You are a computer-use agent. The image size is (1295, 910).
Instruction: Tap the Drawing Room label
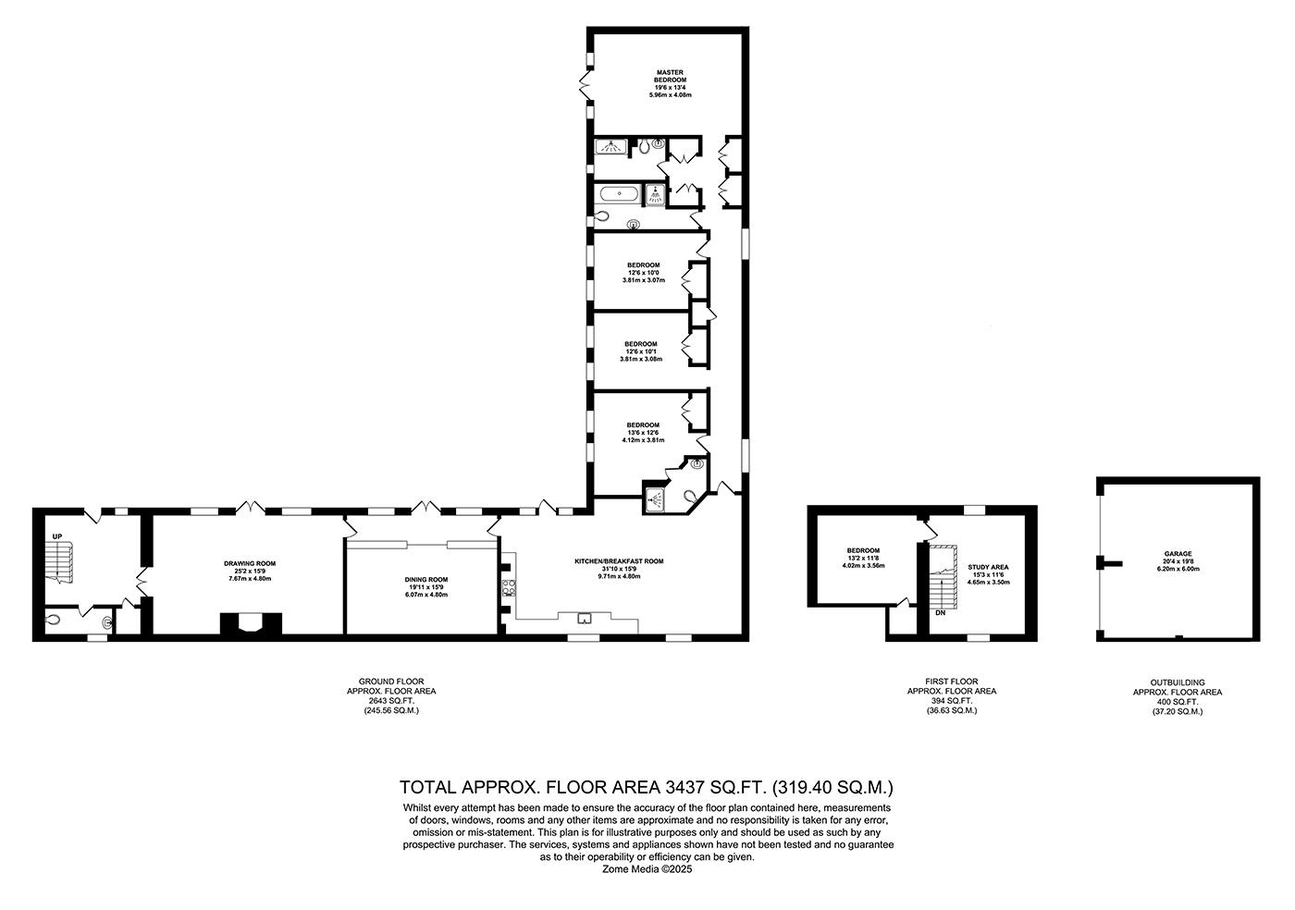tap(250, 570)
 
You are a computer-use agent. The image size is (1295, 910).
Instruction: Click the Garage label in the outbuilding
tap(1178, 561)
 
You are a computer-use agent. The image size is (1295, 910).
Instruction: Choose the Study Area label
tap(988, 573)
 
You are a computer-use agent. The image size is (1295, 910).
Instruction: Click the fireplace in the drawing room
tap(250, 624)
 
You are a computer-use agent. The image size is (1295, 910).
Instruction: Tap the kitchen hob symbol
tap(509, 588)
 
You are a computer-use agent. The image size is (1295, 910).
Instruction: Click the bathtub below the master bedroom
tap(618, 194)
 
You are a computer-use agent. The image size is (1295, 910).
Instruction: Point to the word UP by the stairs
tap(56, 537)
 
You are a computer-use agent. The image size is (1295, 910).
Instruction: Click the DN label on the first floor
tap(940, 613)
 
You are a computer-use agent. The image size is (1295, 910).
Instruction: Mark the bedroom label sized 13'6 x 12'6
tap(642, 433)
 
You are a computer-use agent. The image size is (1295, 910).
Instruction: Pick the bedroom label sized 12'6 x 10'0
tap(642, 272)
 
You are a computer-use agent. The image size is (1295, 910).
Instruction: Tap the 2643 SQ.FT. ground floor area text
tap(390, 701)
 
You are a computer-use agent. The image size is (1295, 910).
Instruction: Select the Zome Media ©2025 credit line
tap(647, 869)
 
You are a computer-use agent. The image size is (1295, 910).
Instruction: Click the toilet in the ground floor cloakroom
tap(54, 621)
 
